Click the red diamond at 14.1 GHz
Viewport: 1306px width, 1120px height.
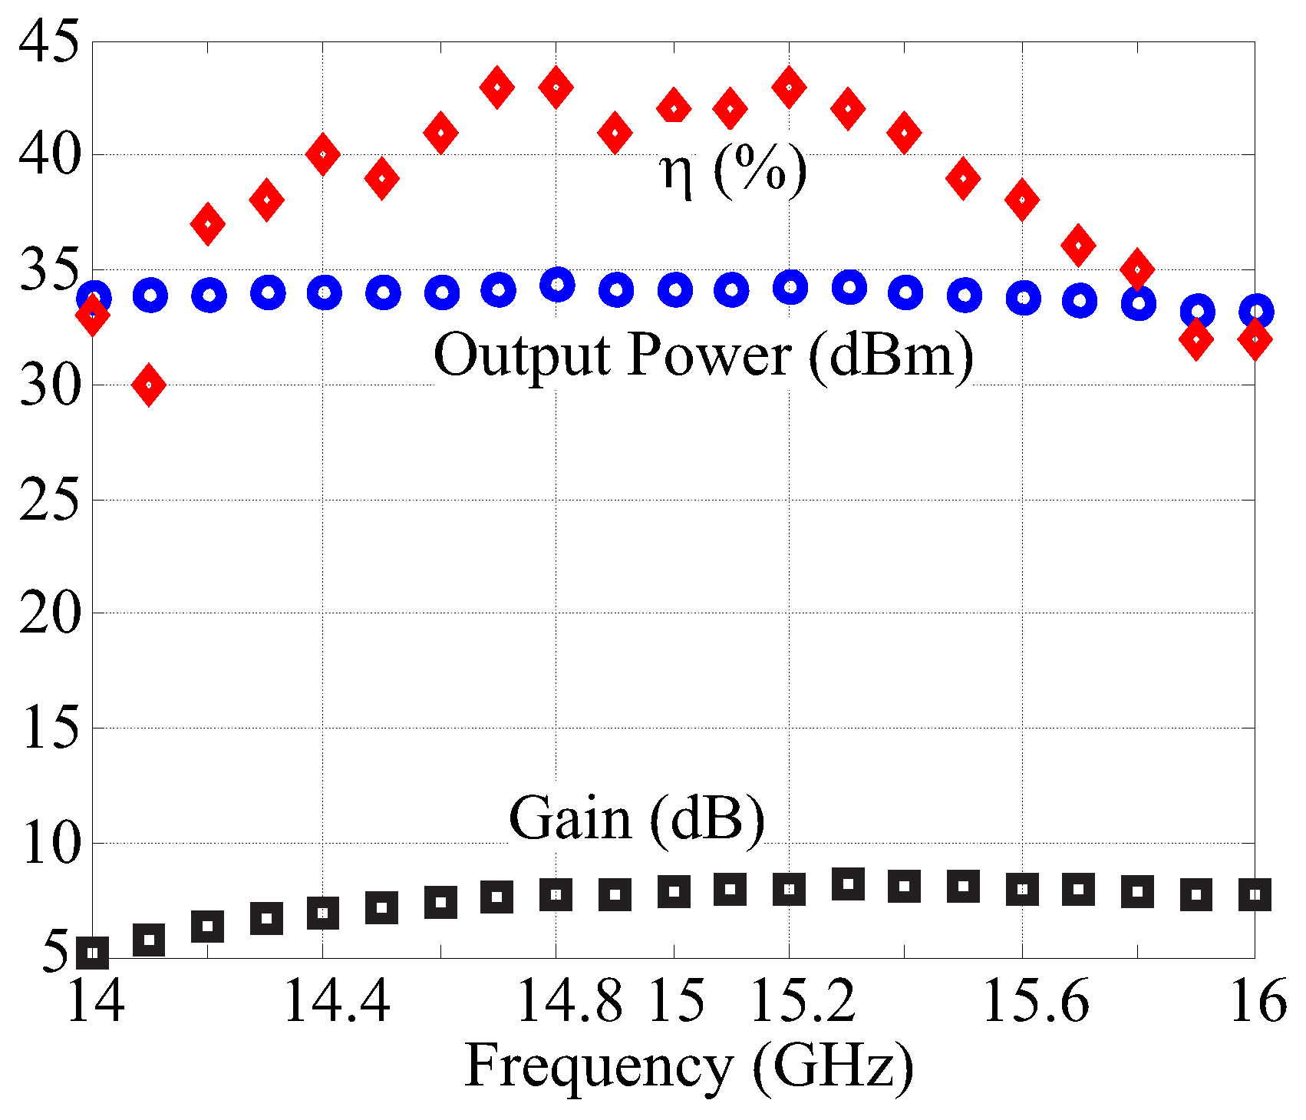pos(149,385)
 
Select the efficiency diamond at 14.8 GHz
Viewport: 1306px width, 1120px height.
pos(556,87)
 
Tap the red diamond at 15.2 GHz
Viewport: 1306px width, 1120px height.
pos(789,87)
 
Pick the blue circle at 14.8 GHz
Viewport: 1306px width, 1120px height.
pos(557,285)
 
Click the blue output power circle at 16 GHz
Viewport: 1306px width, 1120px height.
pos(1256,312)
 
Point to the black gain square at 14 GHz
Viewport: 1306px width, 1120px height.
pos(93,953)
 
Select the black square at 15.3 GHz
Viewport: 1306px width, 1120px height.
pos(848,884)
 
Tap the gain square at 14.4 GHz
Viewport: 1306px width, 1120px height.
pos(323,913)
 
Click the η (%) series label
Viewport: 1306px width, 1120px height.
pos(733,170)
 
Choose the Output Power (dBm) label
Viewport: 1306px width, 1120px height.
pos(704,355)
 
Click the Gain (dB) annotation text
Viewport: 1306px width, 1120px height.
pos(637,818)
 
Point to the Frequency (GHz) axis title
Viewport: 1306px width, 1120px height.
pos(689,1066)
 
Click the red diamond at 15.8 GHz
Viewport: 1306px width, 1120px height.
pos(1138,269)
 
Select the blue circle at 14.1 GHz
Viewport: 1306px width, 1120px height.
pos(150,296)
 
